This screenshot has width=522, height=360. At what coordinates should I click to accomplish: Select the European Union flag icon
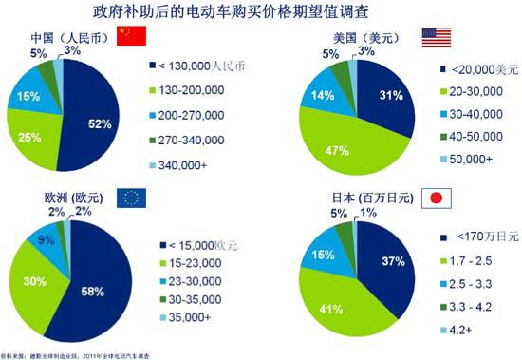pos(132,198)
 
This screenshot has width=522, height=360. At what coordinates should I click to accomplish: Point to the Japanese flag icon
pos(435,198)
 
